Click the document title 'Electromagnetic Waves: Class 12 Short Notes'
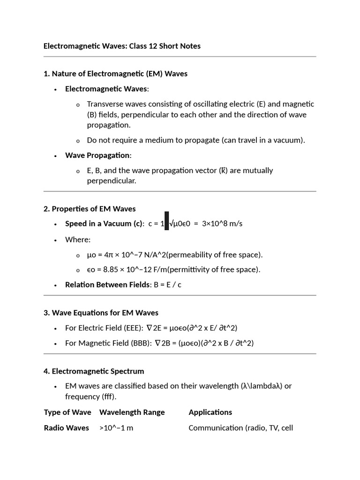click(x=122, y=46)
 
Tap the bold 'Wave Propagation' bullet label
click(x=98, y=155)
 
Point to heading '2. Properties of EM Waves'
click(x=90, y=209)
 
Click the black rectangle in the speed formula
click(x=166, y=221)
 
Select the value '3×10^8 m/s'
click(x=222, y=224)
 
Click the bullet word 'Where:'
click(x=78, y=240)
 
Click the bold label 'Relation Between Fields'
click(x=108, y=285)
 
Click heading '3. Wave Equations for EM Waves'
click(x=101, y=313)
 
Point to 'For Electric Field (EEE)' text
click(x=105, y=328)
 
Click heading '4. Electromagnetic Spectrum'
click(x=94, y=371)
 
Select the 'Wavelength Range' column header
click(x=132, y=412)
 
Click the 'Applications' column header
click(x=210, y=412)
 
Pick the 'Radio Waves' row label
click(x=66, y=427)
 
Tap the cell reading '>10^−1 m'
click(x=116, y=427)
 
